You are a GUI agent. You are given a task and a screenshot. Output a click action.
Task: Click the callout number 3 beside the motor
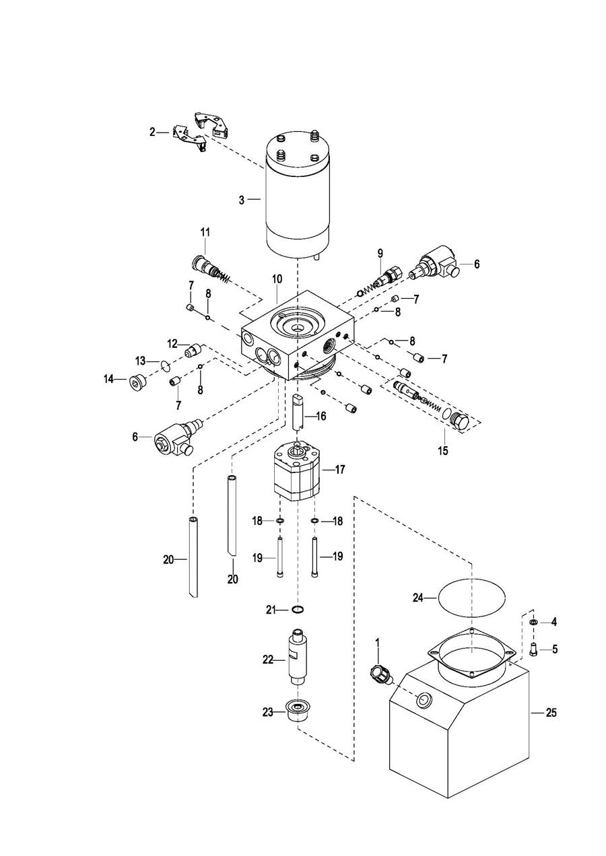(x=241, y=201)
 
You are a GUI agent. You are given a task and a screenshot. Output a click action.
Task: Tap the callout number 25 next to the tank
(x=551, y=712)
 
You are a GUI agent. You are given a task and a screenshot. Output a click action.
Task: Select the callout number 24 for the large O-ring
(x=418, y=598)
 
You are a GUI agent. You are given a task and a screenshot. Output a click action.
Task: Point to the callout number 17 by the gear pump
(x=339, y=469)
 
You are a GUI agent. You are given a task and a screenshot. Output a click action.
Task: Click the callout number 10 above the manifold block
(x=277, y=279)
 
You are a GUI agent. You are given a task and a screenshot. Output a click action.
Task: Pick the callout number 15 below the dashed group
(x=443, y=451)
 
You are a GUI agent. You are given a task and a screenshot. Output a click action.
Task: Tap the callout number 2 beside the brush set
(x=153, y=132)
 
